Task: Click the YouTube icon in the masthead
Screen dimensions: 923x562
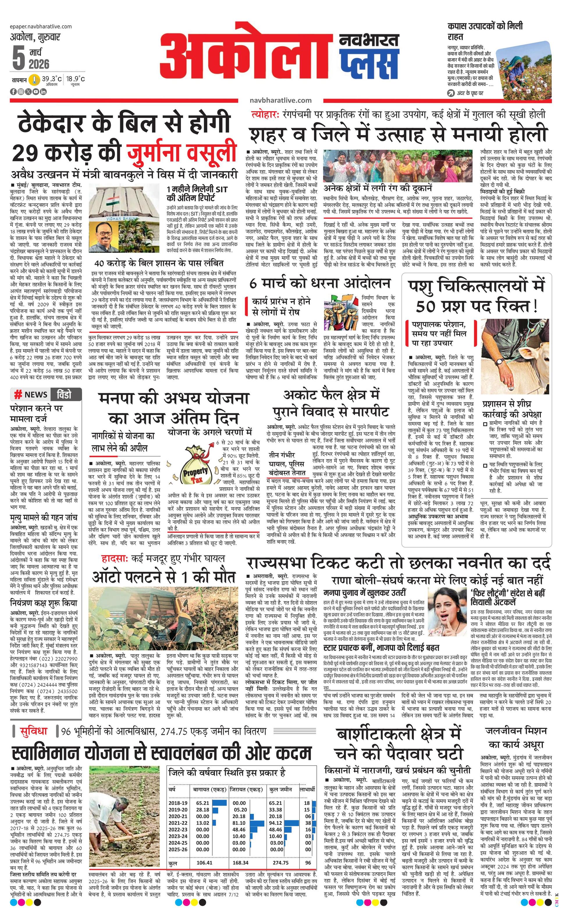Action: (36, 91)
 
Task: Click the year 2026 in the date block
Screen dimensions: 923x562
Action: (39, 64)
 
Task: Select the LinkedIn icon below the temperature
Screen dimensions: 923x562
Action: (44, 91)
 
